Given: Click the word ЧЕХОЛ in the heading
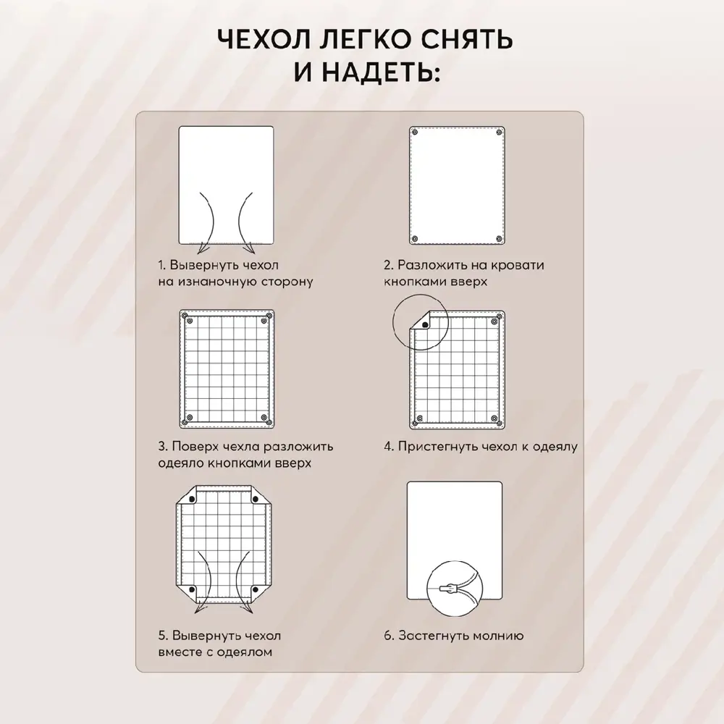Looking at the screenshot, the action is tap(264, 39).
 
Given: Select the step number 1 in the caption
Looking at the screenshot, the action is tap(161, 266).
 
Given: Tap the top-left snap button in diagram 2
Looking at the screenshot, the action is tap(415, 132).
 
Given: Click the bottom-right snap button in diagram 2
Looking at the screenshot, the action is tap(499, 239).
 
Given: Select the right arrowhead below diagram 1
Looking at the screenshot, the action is tap(250, 250).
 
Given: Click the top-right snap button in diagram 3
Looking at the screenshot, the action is tap(264, 321).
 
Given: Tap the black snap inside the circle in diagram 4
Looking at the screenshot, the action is tap(425, 325).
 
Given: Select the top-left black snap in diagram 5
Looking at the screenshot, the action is tap(193, 500).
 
